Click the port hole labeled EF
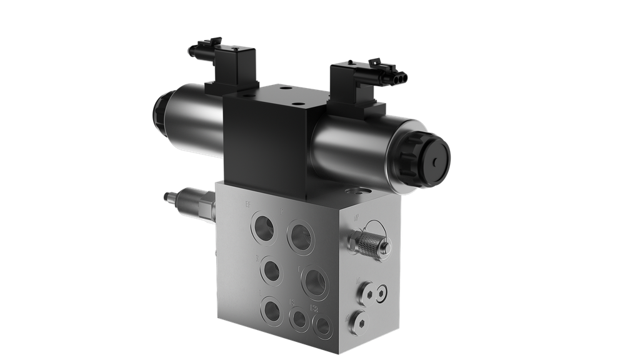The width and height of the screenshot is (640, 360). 263,227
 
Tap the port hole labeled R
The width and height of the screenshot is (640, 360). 272,271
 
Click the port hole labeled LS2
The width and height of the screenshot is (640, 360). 322,323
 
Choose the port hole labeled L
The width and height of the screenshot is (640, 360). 272,309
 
